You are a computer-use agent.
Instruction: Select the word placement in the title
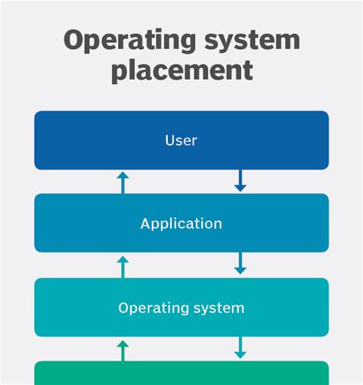click(x=181, y=70)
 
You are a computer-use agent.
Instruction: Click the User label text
click(x=181, y=140)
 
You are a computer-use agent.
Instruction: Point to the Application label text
click(x=181, y=224)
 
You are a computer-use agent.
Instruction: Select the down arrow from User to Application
click(x=240, y=181)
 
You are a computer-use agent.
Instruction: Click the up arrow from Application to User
click(x=123, y=181)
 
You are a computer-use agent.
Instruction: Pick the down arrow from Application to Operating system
click(x=240, y=264)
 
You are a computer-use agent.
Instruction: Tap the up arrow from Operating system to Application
click(x=123, y=266)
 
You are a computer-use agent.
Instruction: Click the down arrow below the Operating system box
click(x=240, y=347)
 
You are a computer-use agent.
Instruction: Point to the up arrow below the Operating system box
click(x=123, y=350)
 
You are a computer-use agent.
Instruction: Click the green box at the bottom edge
click(x=181, y=374)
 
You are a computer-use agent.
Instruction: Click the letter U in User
click(x=169, y=140)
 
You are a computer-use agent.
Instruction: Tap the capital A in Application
click(x=145, y=224)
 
